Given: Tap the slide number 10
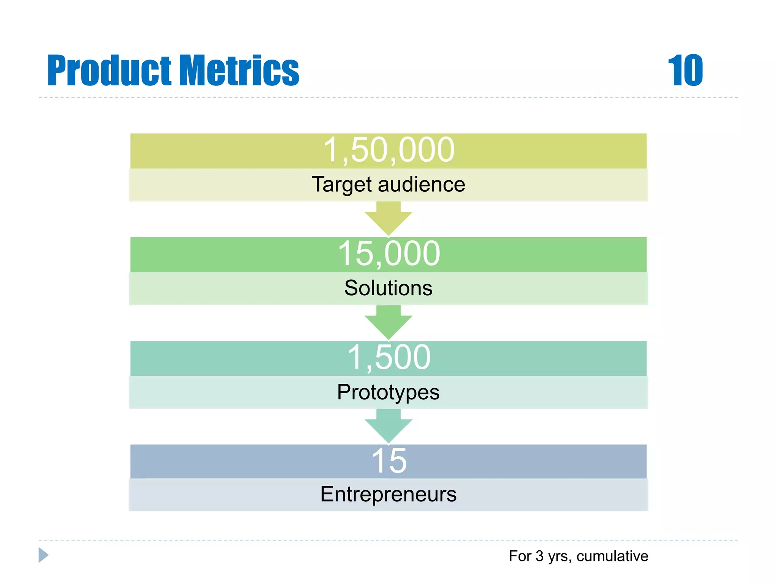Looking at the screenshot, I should click(x=685, y=71).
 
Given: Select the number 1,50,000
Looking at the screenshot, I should click(x=388, y=150).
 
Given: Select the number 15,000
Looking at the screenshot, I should click(x=388, y=254).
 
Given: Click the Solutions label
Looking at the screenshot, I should click(x=388, y=288).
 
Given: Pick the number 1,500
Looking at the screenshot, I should click(x=388, y=358).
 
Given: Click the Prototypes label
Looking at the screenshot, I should click(x=388, y=392).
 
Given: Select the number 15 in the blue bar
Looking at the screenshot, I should click(x=388, y=461).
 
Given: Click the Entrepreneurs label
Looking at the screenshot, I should click(x=388, y=494).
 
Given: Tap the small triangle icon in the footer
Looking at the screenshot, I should click(x=43, y=555).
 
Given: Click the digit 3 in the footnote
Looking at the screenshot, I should click(x=539, y=556).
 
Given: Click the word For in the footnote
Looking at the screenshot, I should click(x=520, y=556).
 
